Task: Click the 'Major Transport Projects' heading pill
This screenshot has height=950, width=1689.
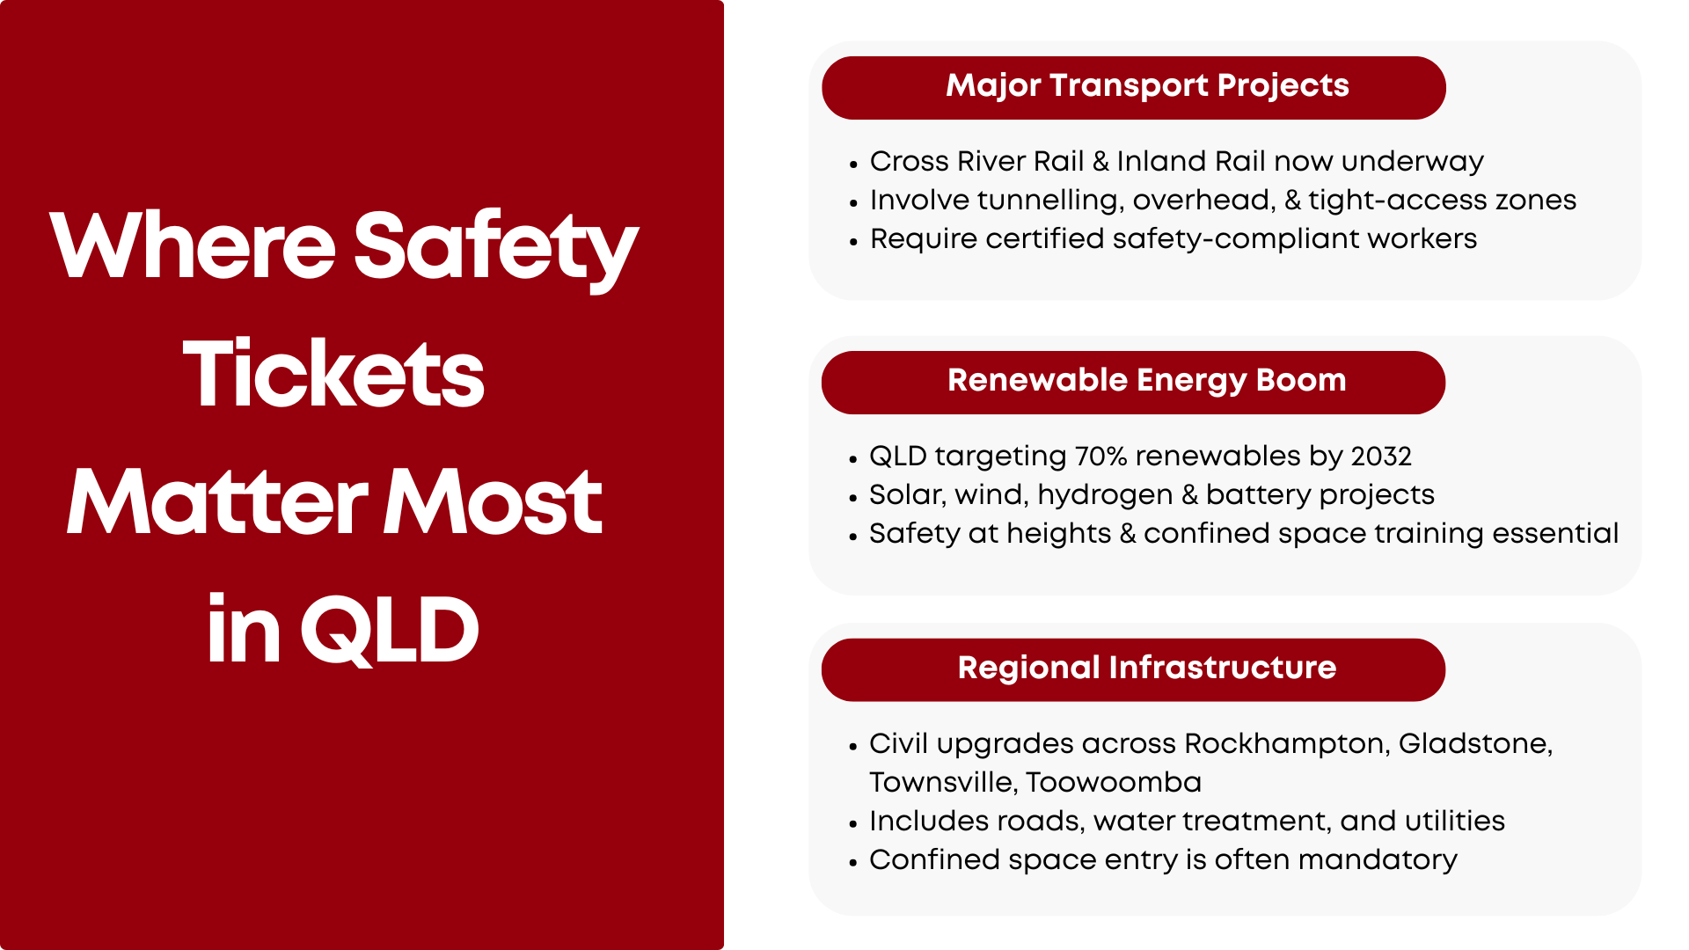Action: click(1133, 88)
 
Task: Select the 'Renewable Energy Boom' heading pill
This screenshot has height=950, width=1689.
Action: click(1133, 383)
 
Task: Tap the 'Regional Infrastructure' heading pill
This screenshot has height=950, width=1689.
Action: click(1133, 669)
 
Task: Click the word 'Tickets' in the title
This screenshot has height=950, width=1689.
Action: click(334, 374)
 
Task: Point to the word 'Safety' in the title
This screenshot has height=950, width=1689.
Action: click(495, 248)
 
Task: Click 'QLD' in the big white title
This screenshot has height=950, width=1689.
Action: click(389, 630)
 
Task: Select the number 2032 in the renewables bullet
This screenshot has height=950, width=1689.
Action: click(1381, 456)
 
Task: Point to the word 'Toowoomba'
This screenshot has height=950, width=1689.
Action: click(1114, 782)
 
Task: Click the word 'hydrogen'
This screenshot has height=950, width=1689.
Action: click(1105, 495)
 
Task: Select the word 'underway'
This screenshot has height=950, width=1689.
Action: click(1413, 162)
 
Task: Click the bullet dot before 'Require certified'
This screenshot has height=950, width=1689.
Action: click(853, 242)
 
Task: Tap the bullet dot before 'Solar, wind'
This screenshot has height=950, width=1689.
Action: click(853, 498)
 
